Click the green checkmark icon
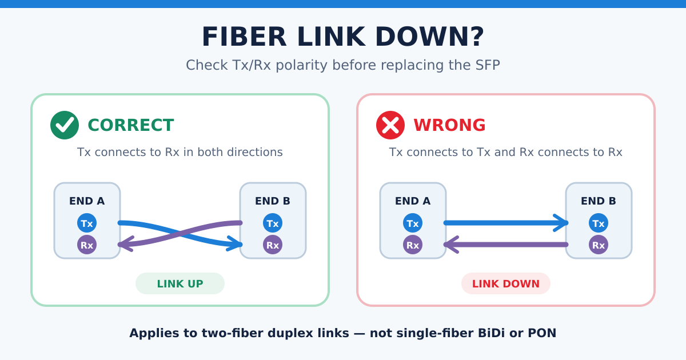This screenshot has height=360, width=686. click(x=65, y=125)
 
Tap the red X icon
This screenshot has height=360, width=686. click(x=390, y=125)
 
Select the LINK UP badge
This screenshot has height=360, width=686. click(x=180, y=283)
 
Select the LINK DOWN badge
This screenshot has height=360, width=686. click(x=506, y=283)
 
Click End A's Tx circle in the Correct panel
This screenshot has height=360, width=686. click(x=87, y=223)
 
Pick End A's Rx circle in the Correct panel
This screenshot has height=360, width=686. click(x=87, y=245)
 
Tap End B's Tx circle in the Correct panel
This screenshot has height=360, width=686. click(x=273, y=223)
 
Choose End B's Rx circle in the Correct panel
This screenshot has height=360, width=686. click(x=273, y=245)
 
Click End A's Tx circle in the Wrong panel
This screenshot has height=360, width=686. click(x=413, y=223)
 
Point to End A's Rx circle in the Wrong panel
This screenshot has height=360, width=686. click(x=413, y=245)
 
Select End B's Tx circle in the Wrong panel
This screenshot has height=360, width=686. click(x=599, y=223)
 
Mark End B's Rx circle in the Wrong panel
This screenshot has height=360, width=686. click(x=599, y=245)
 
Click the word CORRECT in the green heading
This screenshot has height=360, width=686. click(x=131, y=125)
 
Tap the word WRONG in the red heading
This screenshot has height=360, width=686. click(x=449, y=125)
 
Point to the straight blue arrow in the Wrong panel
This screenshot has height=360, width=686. click(x=506, y=223)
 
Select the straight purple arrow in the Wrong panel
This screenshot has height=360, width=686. click(x=506, y=245)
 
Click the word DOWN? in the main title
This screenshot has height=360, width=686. click(x=430, y=37)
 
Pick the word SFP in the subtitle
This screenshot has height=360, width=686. click(x=488, y=65)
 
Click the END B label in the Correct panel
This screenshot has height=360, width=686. click(x=273, y=201)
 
